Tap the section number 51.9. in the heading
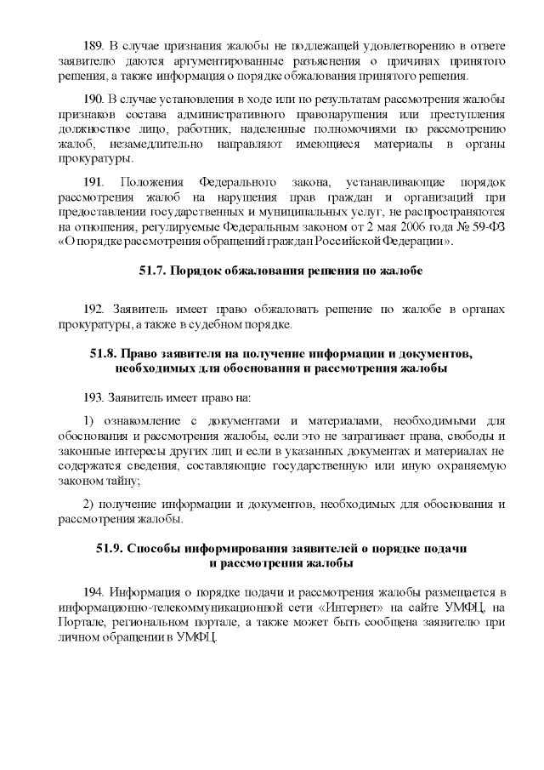pyautogui.click(x=111, y=549)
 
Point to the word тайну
pyautogui.click(x=122, y=480)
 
